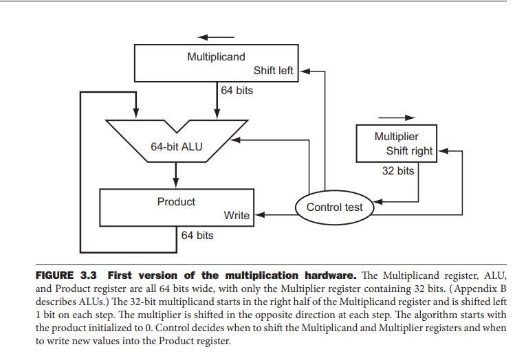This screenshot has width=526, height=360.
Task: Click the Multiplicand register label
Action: (216, 57)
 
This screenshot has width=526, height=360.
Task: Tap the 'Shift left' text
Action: (273, 71)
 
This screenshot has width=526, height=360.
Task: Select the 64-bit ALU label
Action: (177, 146)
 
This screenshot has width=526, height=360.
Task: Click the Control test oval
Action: (334, 207)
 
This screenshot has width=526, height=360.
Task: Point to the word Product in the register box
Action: (176, 202)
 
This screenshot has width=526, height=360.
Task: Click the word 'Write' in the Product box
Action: (237, 216)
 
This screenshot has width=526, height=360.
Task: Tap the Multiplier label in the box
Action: (396, 137)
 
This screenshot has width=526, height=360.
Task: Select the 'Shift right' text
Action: (409, 151)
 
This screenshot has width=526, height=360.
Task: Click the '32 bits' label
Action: (398, 170)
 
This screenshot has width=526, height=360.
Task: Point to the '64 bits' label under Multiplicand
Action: (237, 91)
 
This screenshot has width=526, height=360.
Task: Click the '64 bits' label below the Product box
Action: (197, 236)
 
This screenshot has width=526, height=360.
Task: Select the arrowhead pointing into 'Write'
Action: (260, 215)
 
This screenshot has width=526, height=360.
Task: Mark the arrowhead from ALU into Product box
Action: (176, 183)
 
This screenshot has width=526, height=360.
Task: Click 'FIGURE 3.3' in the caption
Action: (66, 275)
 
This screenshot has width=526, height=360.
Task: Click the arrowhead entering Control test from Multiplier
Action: (376, 202)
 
